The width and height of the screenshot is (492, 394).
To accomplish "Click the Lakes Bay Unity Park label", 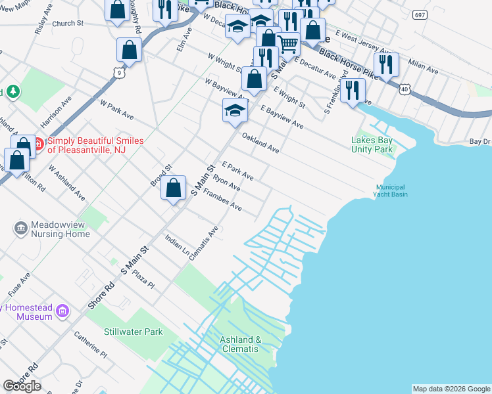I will tap(373, 144).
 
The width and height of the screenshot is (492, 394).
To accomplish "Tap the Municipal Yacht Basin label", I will tap(390, 190).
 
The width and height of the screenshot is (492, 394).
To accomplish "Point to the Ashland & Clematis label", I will tap(240, 344).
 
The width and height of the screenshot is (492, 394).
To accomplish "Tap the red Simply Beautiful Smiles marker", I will tap(38, 143).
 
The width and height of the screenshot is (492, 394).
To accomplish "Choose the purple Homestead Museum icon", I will tap(62, 311).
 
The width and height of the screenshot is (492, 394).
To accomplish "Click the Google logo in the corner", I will tap(22, 386).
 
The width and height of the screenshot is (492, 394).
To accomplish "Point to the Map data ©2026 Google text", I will tap(451, 389).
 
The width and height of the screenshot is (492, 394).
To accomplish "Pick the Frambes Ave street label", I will tap(222, 200).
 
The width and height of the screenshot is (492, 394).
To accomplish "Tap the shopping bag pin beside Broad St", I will tap(173, 189).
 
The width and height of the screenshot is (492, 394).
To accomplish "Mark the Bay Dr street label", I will tap(480, 141).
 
